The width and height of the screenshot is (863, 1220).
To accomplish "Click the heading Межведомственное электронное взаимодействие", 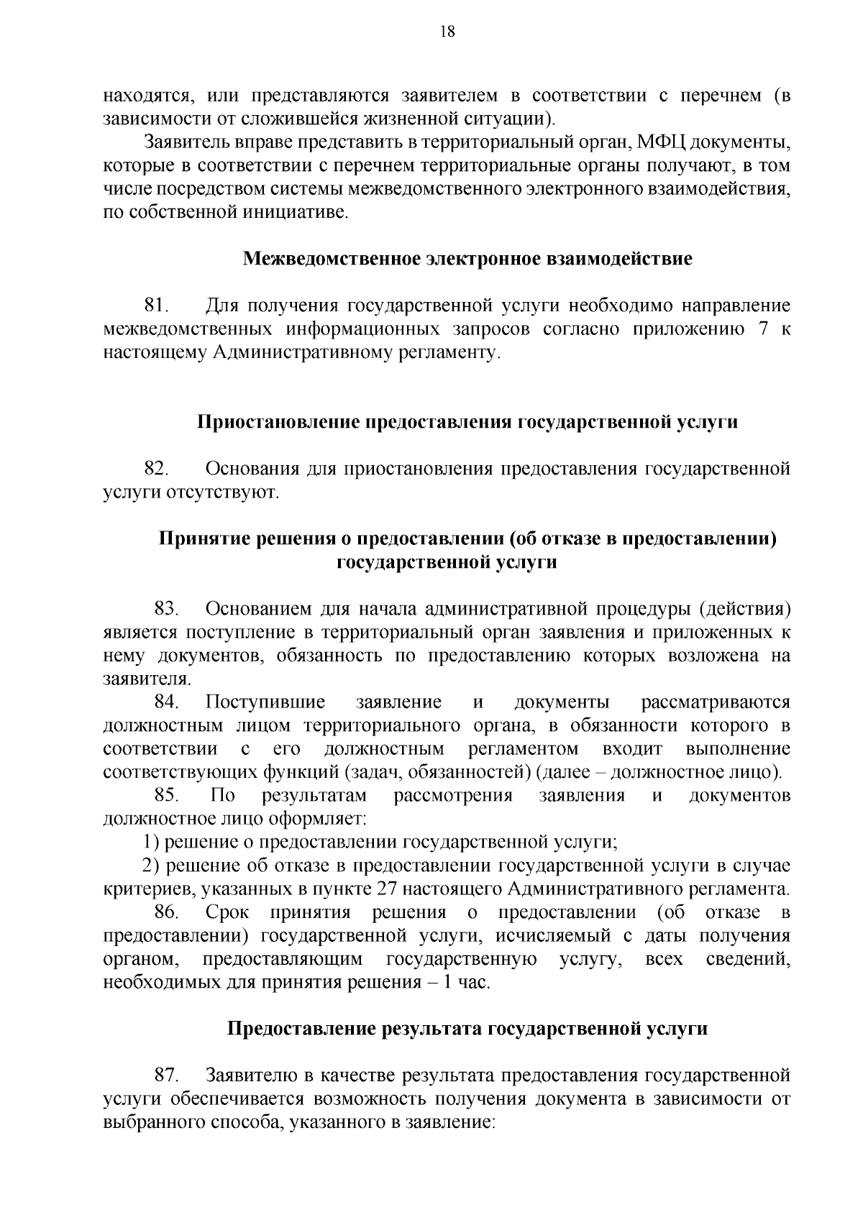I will pos(467,259).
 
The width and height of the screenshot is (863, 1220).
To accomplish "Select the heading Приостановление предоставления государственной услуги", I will pos(467,422).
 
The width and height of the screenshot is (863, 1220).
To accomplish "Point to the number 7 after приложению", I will pos(764,330).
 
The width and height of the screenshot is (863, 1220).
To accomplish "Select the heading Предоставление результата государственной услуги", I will pos(467,1029).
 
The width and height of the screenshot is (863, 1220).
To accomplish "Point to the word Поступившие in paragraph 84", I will pos(265,702).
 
